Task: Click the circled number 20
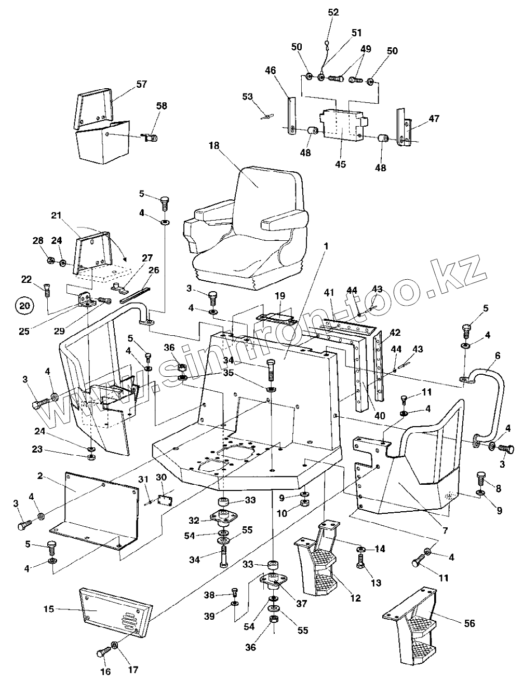24,306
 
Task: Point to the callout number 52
333,12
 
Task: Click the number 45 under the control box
340,165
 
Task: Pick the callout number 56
469,623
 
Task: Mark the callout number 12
355,598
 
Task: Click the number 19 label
280,296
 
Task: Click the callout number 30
161,477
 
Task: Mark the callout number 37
302,604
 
